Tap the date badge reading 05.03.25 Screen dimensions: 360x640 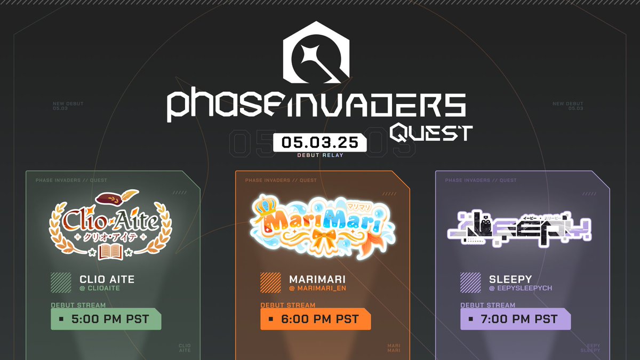pos(319,142)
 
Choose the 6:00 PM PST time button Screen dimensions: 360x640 pos(315,319)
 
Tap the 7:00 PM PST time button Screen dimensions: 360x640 pos(515,319)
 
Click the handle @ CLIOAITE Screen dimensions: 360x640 pos(100,289)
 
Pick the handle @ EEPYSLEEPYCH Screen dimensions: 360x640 pos(521,289)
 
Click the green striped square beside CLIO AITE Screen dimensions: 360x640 pos(61,283)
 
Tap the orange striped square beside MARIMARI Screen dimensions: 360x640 pos(270,283)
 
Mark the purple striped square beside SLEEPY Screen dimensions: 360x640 pos(470,283)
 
